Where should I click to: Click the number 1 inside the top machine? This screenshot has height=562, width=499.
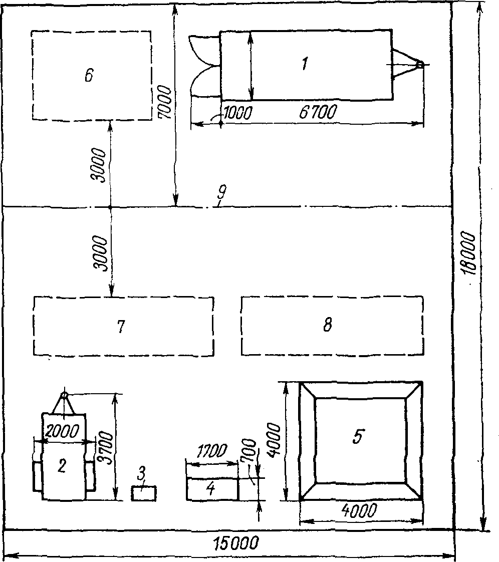[x=304, y=64]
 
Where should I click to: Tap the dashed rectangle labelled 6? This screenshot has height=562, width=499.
[x=91, y=75]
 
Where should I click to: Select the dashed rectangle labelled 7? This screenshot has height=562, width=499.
[x=123, y=326]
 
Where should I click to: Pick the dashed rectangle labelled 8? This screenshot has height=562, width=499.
[x=332, y=326]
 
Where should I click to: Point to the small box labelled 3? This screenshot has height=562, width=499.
[x=144, y=493]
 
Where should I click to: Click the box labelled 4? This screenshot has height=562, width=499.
[x=211, y=489]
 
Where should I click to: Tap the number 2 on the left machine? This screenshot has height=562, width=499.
[x=62, y=466]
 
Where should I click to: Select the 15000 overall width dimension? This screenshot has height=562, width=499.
[x=235, y=542]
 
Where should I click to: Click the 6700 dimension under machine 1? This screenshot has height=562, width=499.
[x=318, y=112]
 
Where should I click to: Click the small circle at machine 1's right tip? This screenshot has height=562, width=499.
[x=420, y=65]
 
